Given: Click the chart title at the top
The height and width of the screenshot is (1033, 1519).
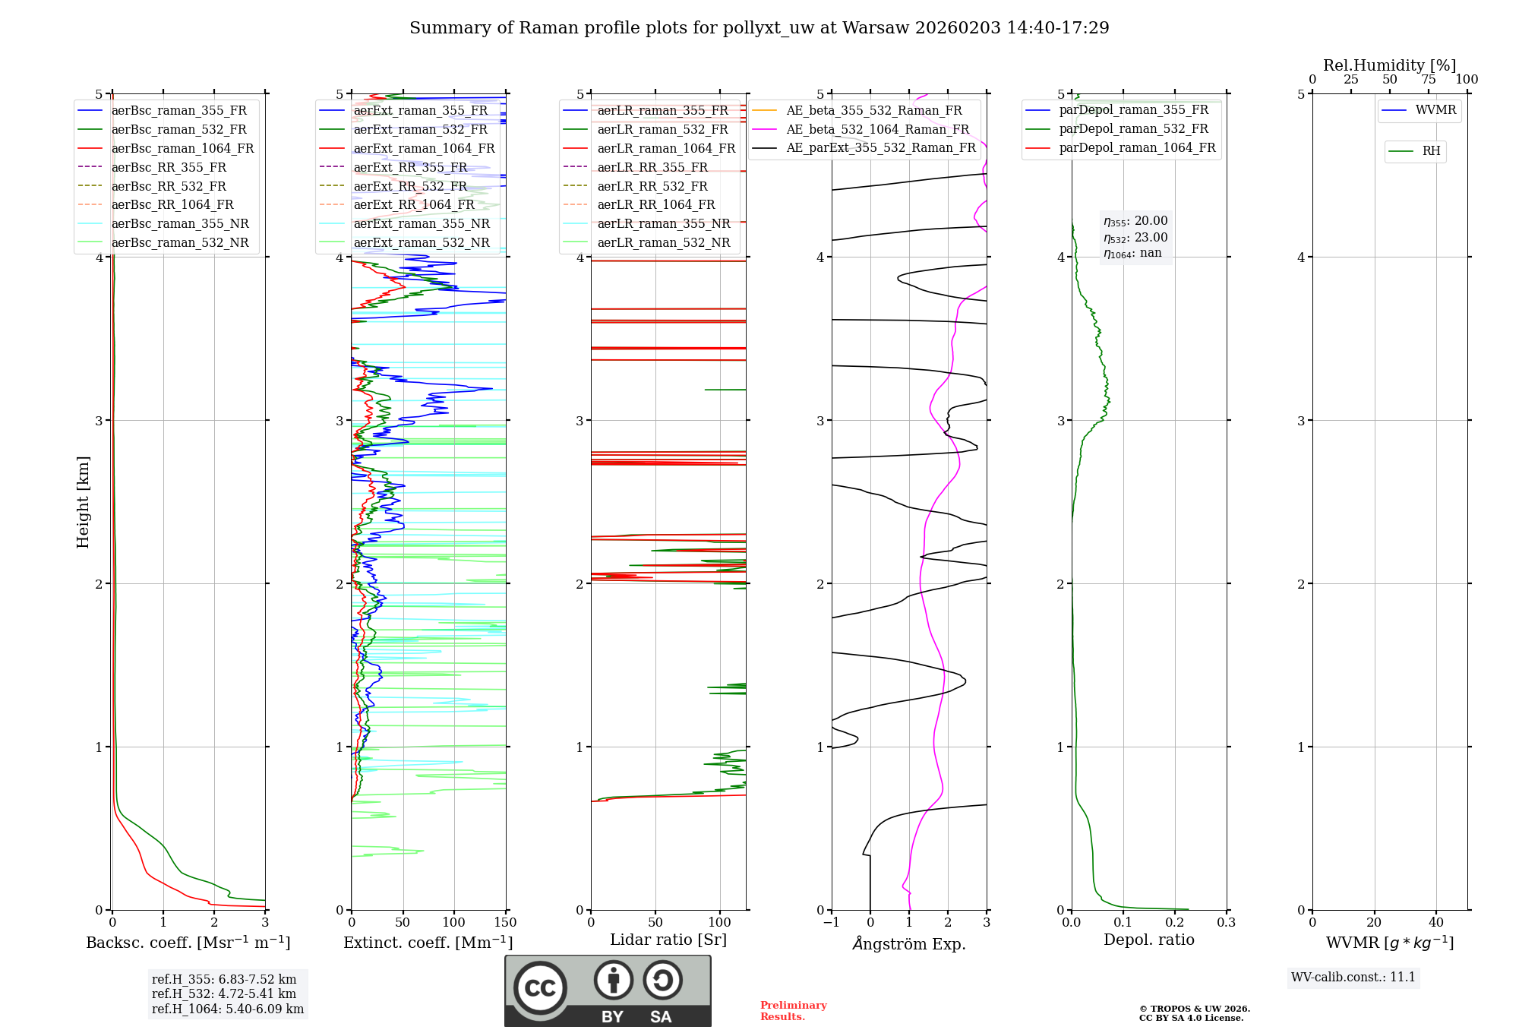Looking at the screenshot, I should point(759,28).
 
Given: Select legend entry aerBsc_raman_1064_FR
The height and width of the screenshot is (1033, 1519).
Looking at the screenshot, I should point(182,149).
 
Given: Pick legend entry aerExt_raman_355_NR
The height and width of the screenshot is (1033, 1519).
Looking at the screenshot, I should point(422,224).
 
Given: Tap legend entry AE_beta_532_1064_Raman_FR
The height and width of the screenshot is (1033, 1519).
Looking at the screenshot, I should point(877,130).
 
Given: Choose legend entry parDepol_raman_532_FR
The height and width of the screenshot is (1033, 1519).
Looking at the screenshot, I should point(1133,129).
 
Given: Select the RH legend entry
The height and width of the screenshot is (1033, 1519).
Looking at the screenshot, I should point(1431,151).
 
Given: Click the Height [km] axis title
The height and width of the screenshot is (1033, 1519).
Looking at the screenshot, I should point(84,502).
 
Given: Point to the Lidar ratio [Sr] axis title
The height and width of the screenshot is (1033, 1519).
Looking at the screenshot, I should point(668,940).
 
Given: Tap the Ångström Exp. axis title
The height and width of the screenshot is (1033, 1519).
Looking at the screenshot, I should point(909,944).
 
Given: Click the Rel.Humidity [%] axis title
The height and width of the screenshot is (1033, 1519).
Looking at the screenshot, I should point(1389,65).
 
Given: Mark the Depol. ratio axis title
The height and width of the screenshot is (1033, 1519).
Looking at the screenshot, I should point(1148,940).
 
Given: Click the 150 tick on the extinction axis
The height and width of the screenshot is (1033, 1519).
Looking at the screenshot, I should point(505,923).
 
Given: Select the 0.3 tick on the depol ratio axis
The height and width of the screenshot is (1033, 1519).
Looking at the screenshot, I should point(1226,923).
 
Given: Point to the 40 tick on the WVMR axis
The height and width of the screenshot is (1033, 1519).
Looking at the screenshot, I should point(1435,923).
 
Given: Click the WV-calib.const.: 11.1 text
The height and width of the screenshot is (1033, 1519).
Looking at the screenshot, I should point(1353,978).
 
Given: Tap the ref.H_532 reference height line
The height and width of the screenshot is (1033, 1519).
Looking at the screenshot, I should point(224,994).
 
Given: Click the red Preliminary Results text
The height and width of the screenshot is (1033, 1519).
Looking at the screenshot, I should point(793,1011).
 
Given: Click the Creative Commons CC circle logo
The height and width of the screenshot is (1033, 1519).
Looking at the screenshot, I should point(540,988).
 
